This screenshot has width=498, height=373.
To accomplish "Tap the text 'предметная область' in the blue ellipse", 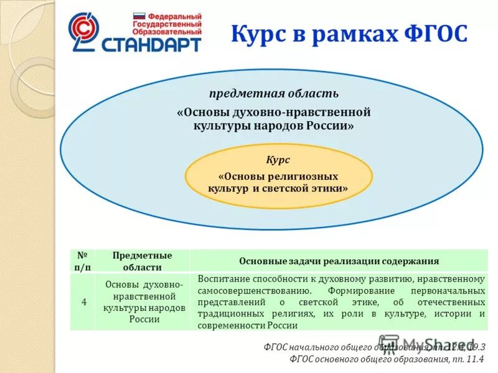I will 274,94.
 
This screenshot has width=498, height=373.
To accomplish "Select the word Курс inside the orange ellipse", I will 278,160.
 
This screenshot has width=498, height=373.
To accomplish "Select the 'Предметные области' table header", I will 142,260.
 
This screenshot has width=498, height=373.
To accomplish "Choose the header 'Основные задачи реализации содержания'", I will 339,261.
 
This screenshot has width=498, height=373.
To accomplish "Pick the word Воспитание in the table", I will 225,278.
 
